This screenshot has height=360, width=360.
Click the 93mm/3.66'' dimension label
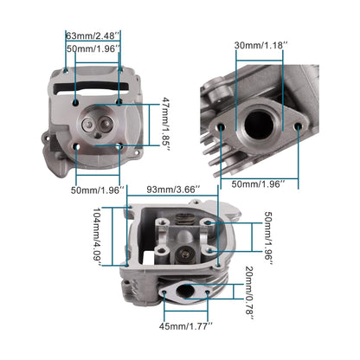173,189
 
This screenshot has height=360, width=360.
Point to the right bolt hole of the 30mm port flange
299,129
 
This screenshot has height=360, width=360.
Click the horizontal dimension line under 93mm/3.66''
173,199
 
